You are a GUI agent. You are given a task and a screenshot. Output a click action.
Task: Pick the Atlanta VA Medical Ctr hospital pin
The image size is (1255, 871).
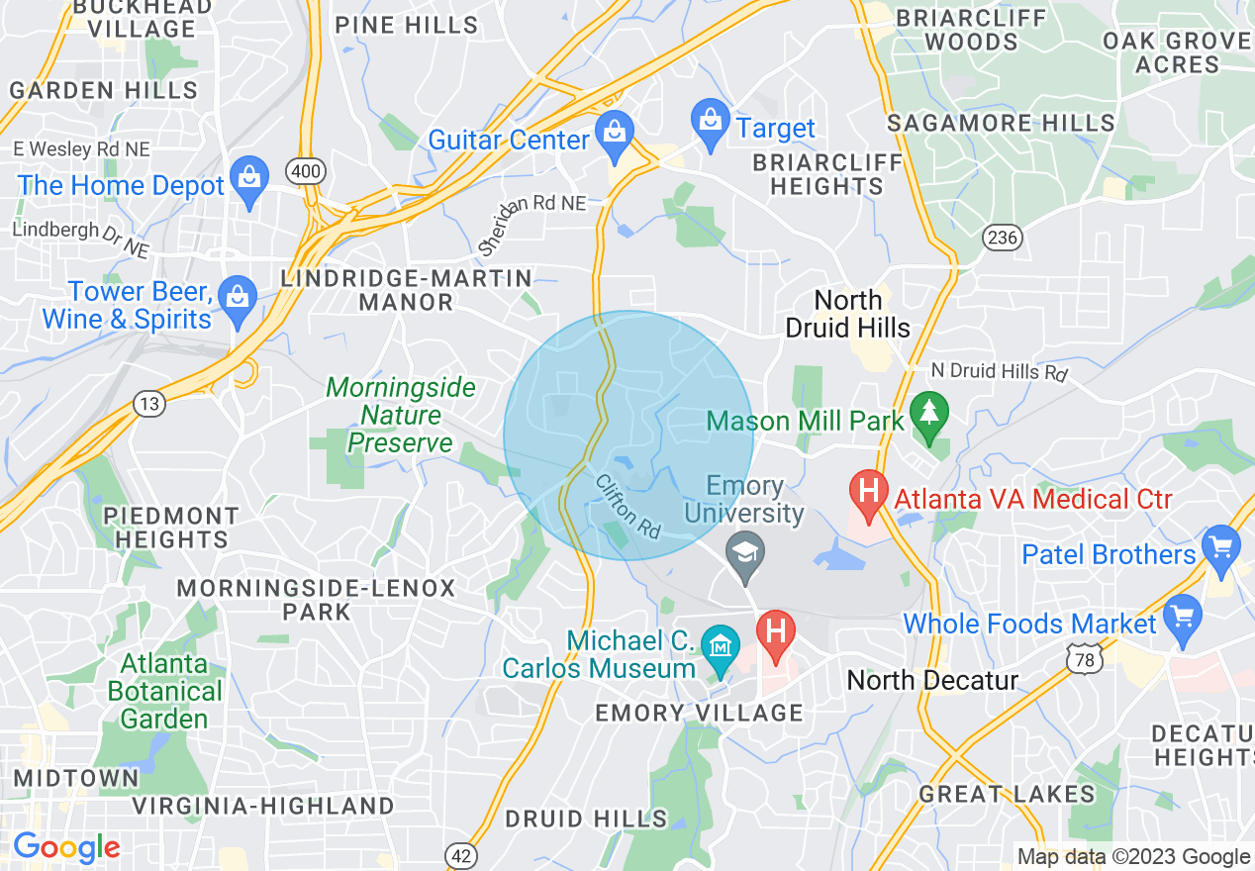tap(869, 491)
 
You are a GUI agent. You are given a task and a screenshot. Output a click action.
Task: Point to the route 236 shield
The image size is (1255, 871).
tap(1002, 238)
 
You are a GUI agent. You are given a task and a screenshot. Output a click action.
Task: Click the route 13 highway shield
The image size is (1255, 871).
tap(149, 403)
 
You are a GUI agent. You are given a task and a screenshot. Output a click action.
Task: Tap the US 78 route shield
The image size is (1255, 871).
tap(1081, 657)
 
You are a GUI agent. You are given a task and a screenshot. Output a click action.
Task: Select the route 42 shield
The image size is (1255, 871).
tap(462, 854)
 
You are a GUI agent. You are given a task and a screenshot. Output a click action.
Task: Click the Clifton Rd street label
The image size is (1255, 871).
tap(628, 506)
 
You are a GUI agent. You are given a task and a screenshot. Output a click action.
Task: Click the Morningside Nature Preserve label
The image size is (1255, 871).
tap(401, 415)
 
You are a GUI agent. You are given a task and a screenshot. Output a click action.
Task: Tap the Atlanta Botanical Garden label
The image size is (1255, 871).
tap(165, 690)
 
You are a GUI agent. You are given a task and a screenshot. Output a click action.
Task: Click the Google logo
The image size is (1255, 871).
tap(66, 847)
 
